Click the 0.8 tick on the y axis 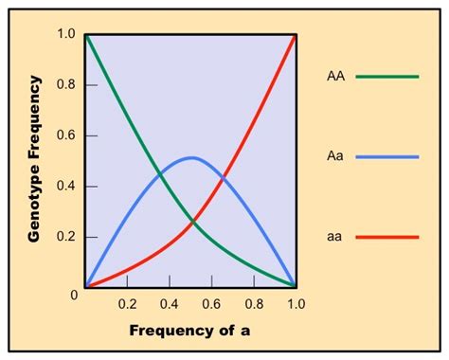[x=66, y=84]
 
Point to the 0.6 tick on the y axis [x=66, y=135]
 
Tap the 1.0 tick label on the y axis [x=66, y=34]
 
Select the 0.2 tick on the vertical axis [x=66, y=236]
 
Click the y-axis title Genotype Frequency [x=33, y=160]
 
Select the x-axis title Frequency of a [x=189, y=333]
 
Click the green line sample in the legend [x=386, y=77]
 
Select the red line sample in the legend [x=386, y=238]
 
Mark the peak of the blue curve [x=191, y=157]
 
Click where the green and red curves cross [x=191, y=223]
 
